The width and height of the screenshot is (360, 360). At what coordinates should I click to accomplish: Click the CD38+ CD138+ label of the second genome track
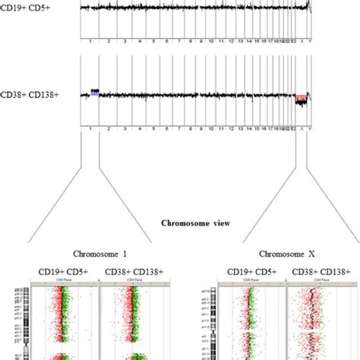coord(24,94)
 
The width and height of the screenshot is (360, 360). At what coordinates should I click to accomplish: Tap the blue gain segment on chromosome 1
coord(95,91)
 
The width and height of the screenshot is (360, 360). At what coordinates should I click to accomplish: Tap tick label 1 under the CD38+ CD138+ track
coord(91,128)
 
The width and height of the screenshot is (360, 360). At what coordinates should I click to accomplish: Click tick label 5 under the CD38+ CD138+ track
coord(158,128)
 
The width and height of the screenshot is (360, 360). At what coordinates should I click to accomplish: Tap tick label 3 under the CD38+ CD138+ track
coord(126,128)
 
